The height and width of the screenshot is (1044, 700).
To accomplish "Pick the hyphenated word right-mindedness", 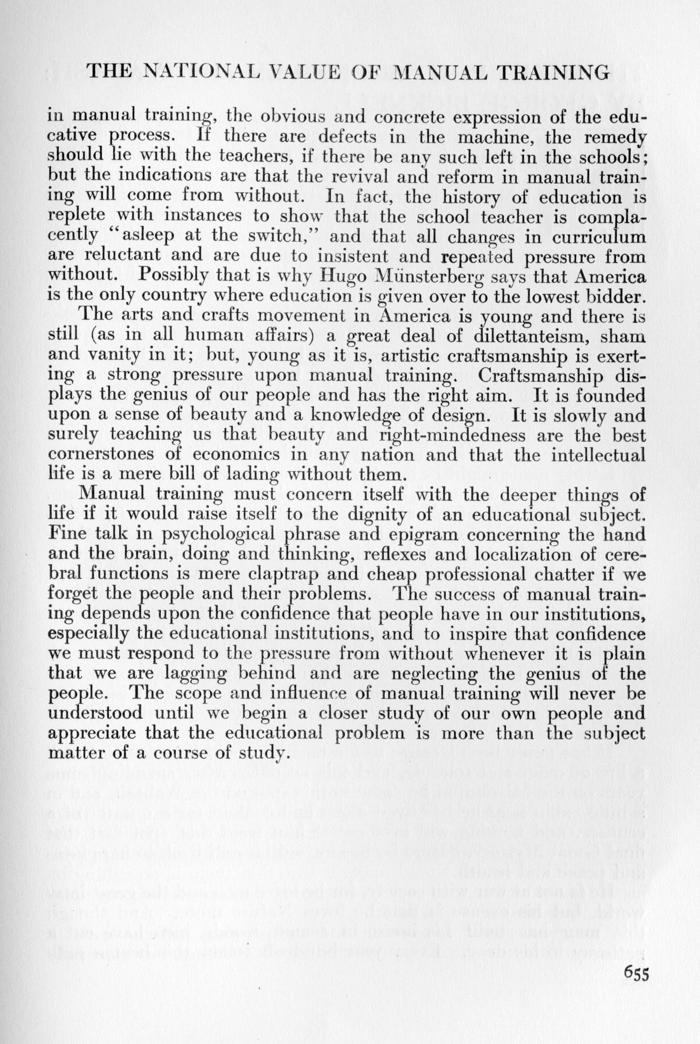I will [452, 434].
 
